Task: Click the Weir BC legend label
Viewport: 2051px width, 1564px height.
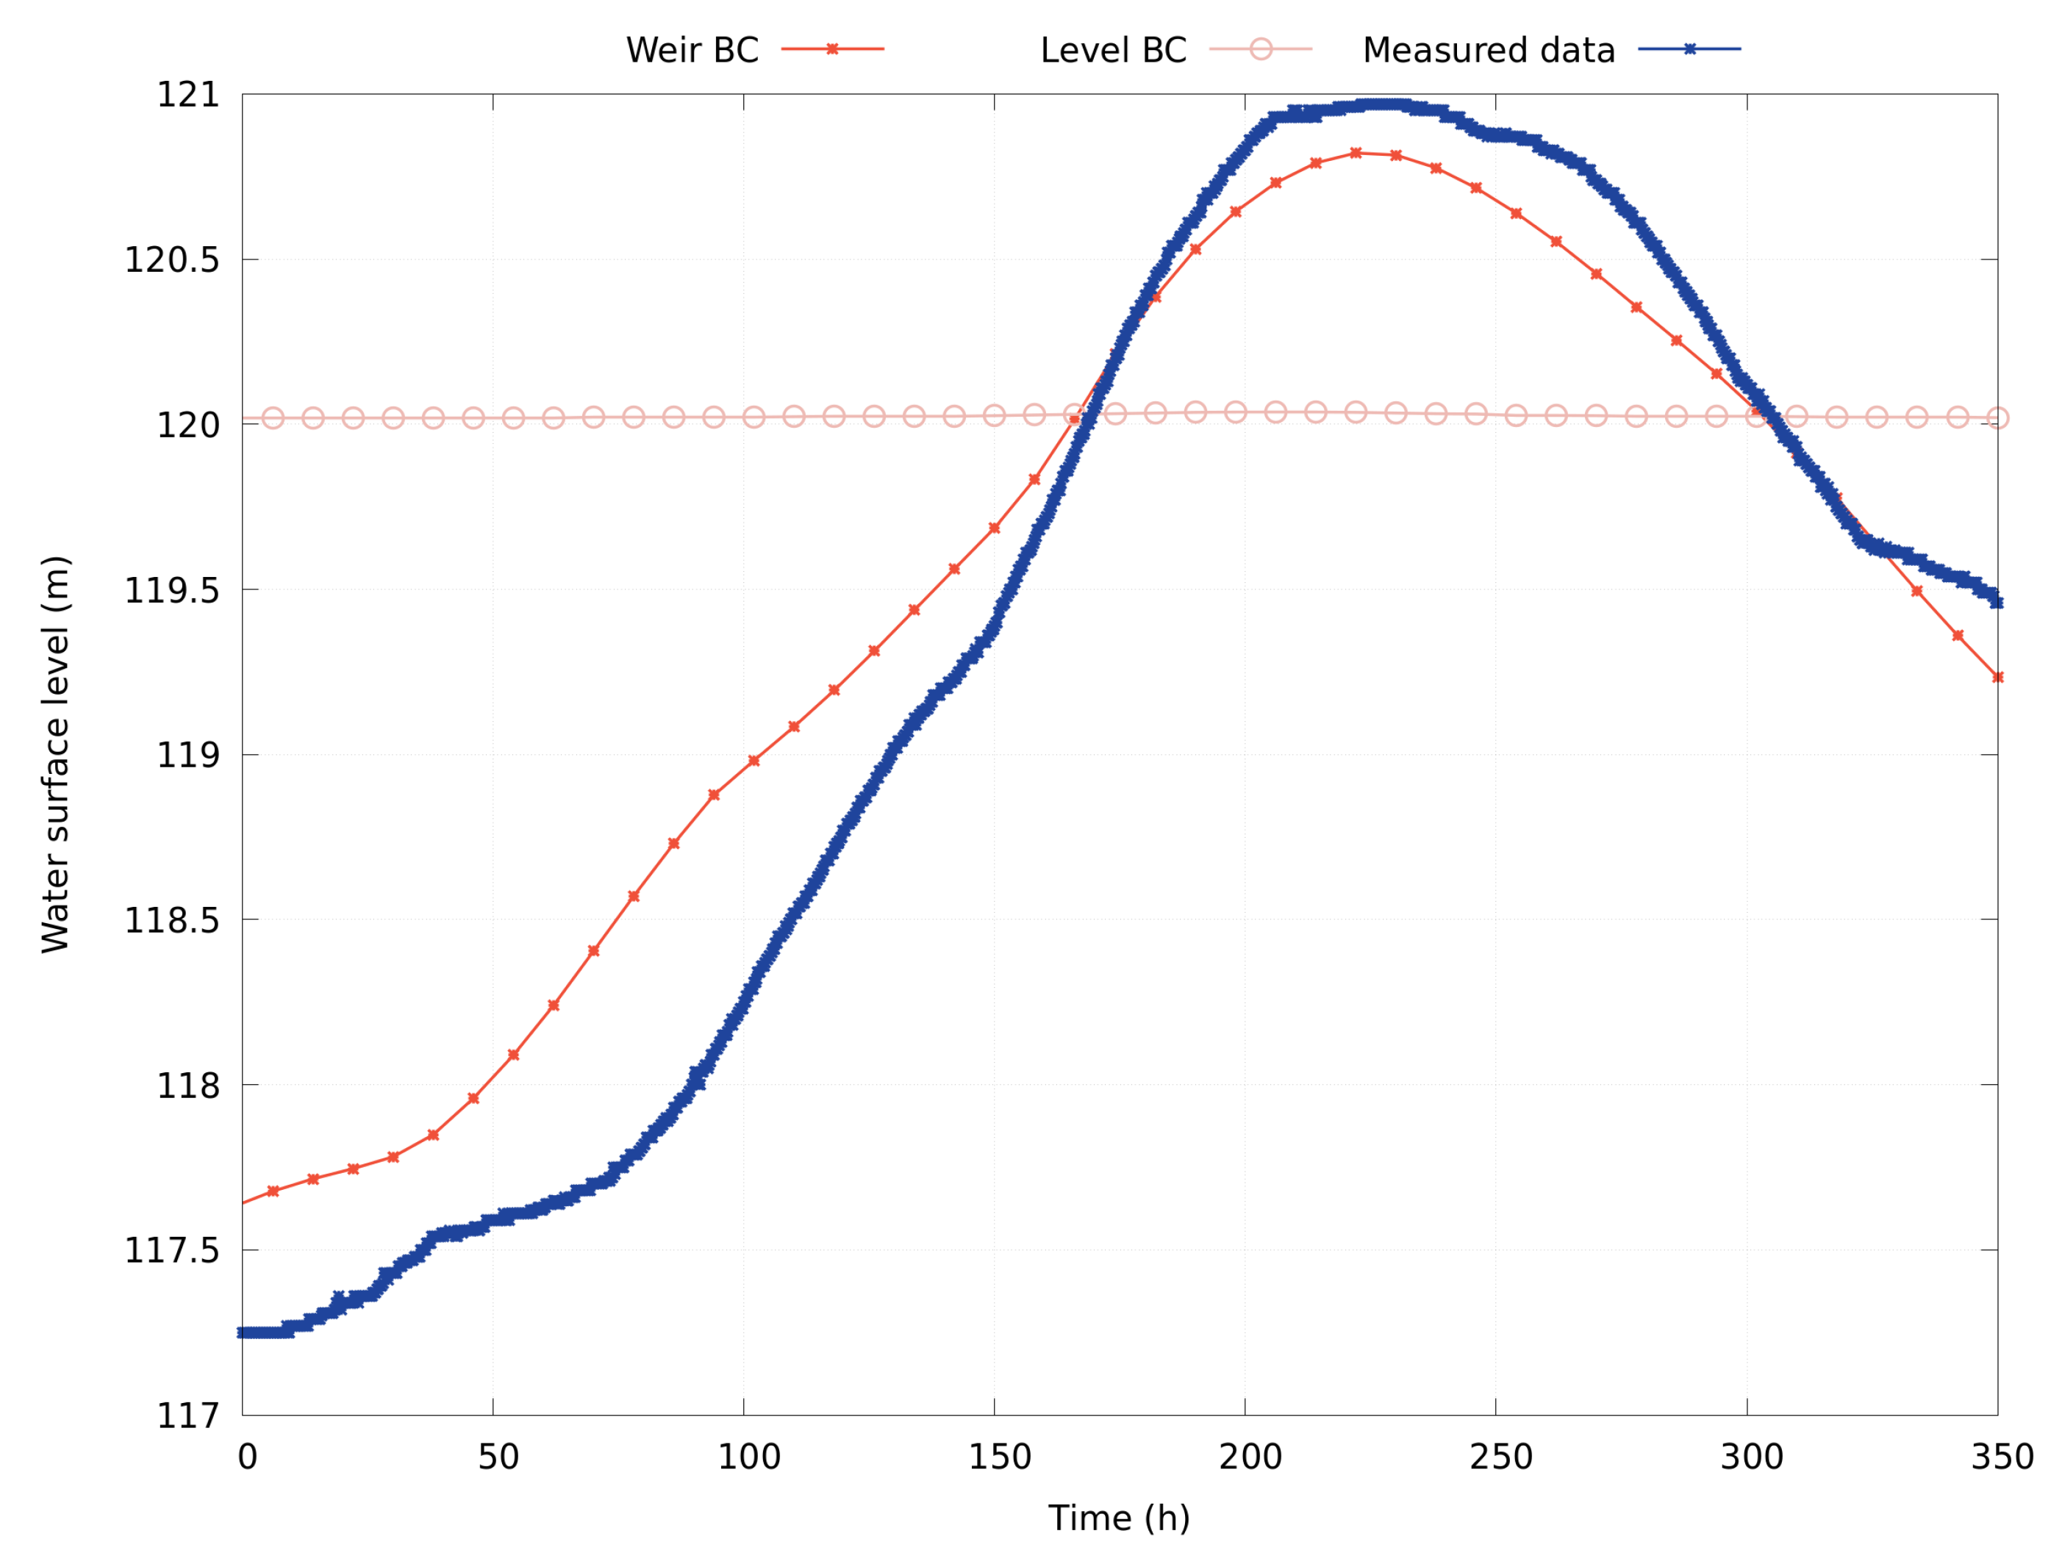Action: coord(692,50)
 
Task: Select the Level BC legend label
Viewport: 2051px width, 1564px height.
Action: coord(1114,50)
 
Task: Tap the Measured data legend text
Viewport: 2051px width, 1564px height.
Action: coord(1489,50)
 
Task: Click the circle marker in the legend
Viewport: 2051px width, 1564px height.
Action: coord(1261,49)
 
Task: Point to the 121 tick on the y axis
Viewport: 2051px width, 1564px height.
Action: coord(187,95)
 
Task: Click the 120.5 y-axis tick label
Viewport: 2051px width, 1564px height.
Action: coord(172,259)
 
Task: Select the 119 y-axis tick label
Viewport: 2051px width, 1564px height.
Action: coord(187,755)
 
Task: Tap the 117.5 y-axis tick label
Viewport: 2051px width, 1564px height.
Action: coord(172,1251)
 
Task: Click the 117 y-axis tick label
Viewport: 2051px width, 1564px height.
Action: coord(187,1416)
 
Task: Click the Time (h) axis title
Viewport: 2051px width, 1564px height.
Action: coord(1119,1518)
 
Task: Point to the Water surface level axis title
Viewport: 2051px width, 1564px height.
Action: coord(56,754)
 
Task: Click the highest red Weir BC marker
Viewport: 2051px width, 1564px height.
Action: coord(1356,153)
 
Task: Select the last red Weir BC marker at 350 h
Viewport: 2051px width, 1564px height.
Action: coord(1997,678)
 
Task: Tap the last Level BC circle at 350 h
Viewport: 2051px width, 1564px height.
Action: coord(1997,418)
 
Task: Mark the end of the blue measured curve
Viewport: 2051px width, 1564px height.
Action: coord(1997,603)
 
